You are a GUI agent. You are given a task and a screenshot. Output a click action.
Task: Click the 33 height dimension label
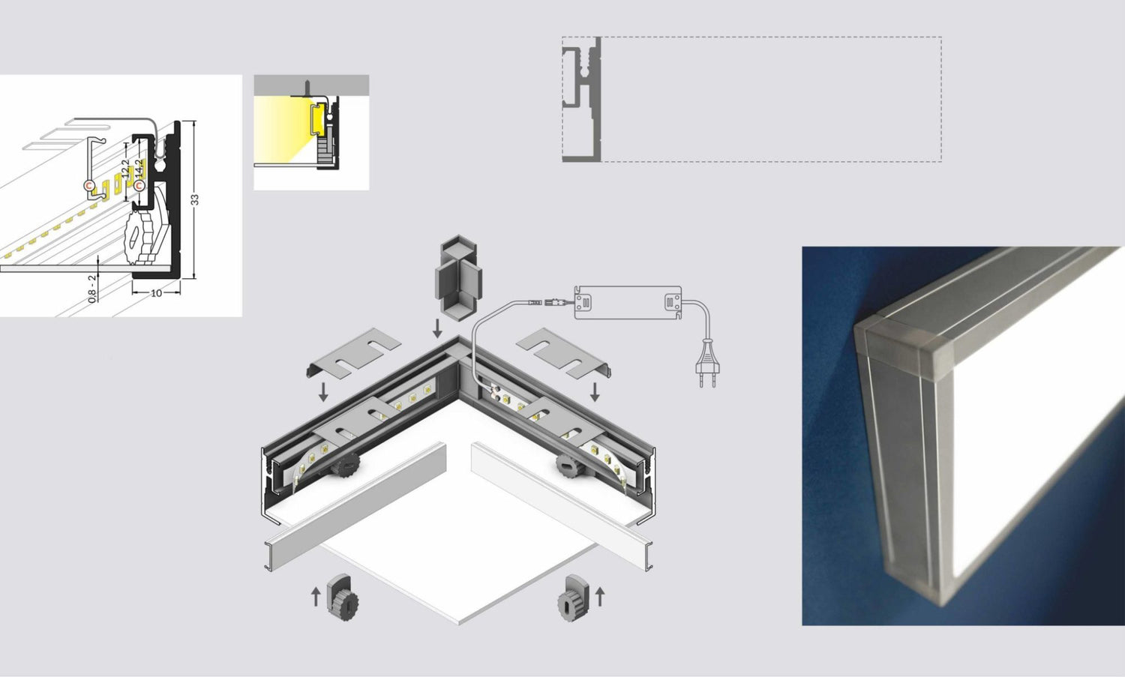point(194,199)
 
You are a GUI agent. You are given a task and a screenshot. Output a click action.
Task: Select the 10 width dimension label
point(156,292)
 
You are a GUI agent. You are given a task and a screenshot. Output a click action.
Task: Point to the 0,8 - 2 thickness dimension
point(92,288)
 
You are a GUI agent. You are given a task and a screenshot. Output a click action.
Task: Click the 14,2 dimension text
point(139,172)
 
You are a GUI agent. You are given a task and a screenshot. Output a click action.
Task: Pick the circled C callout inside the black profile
point(139,184)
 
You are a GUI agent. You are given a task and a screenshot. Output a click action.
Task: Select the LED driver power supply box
point(628,302)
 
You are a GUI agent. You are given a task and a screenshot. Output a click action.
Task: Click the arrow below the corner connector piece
point(437,327)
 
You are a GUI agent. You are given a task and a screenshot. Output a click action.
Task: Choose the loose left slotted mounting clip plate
point(354,352)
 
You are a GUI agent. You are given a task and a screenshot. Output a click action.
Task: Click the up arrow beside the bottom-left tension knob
point(316,596)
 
